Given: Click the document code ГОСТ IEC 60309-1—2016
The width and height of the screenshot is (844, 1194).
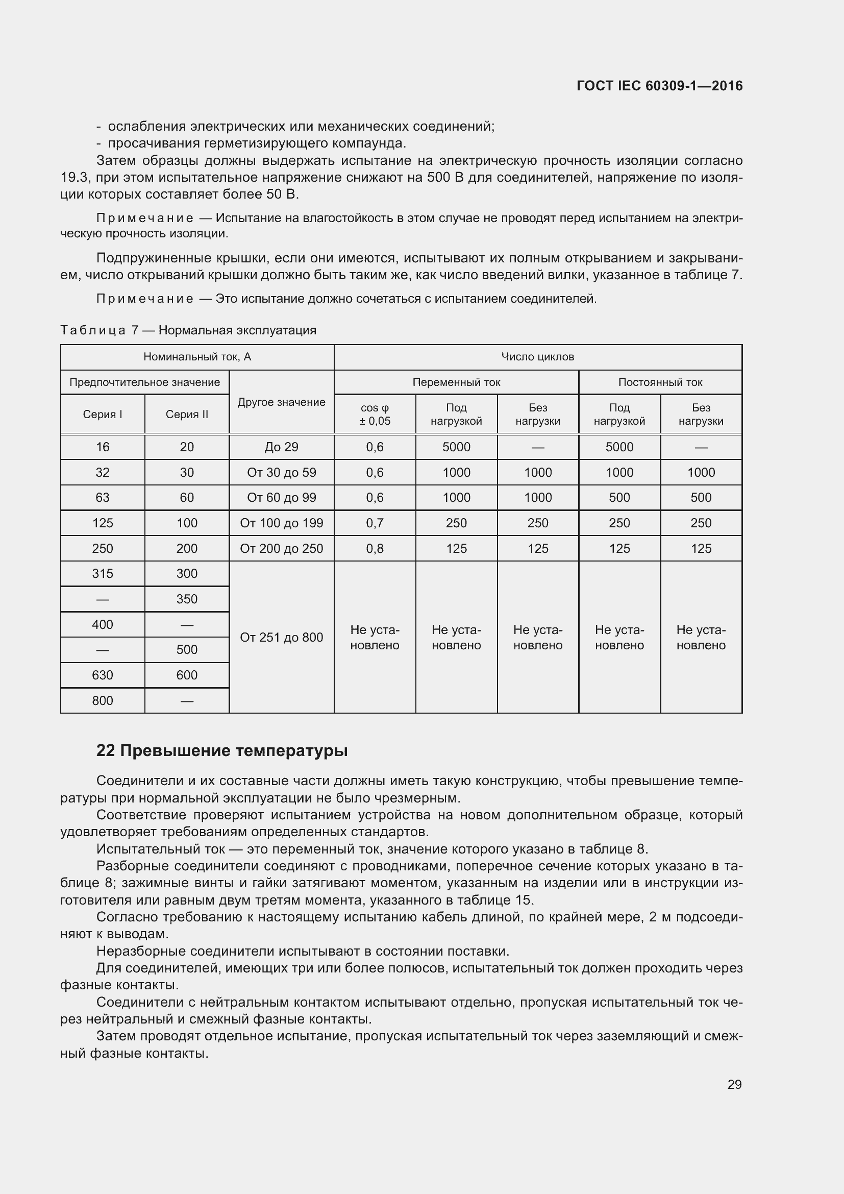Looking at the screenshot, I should click(x=659, y=86).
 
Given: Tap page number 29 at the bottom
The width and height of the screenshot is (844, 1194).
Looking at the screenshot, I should click(x=734, y=1084).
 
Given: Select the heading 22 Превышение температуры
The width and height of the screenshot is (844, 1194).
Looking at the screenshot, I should click(x=222, y=750).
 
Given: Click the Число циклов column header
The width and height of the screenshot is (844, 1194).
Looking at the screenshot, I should click(x=537, y=357).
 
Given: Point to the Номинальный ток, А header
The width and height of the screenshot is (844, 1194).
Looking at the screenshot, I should click(x=197, y=357).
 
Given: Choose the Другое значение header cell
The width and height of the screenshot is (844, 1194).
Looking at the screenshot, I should click(x=281, y=402).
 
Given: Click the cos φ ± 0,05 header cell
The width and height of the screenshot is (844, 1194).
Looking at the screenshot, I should click(x=374, y=415).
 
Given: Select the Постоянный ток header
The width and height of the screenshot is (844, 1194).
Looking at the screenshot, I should click(x=659, y=382).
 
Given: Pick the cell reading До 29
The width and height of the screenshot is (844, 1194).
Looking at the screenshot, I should click(x=281, y=447).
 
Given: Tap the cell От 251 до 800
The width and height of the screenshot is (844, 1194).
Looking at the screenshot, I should click(x=281, y=637).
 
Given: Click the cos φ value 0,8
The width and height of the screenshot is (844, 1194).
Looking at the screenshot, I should click(x=374, y=548).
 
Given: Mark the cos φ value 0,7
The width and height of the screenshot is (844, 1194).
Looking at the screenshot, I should click(x=374, y=523).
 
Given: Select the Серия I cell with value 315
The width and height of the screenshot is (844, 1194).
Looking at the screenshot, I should click(x=103, y=574).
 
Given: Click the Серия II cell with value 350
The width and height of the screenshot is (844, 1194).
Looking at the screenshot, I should click(x=187, y=599).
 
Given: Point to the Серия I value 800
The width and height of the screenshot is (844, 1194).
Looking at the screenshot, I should click(x=103, y=700).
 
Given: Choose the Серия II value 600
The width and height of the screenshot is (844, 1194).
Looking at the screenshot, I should click(x=187, y=675).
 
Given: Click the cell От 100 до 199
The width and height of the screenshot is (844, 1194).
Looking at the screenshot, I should click(x=281, y=523).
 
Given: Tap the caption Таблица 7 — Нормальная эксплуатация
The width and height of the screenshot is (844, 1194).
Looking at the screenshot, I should click(x=188, y=330).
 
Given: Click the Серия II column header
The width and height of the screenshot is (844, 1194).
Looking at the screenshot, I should click(x=187, y=415).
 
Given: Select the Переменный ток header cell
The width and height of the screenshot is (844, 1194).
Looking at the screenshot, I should click(x=456, y=382).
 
